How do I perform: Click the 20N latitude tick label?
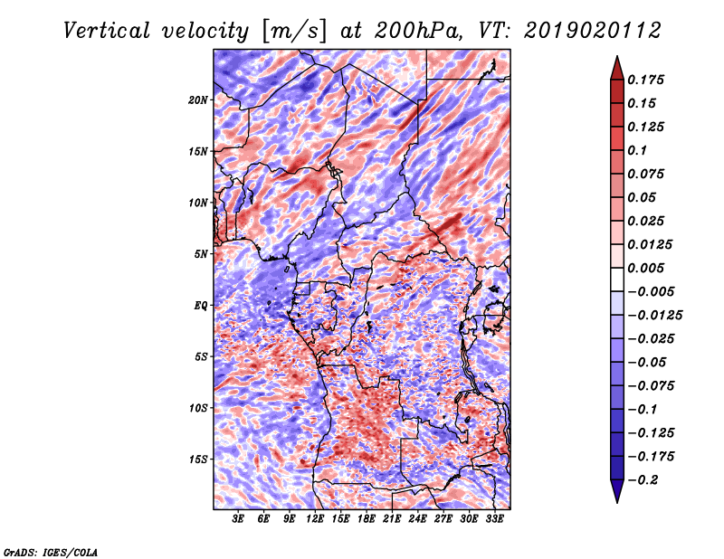pyautogui.click(x=198, y=99)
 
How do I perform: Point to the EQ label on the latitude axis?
pyautogui.click(x=200, y=305)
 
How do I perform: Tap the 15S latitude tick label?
pyautogui.click(x=198, y=460)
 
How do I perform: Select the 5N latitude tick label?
pyautogui.click(x=201, y=254)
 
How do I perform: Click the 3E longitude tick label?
pyautogui.click(x=238, y=519)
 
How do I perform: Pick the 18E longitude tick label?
pyautogui.click(x=367, y=519)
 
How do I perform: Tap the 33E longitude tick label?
pyautogui.click(x=494, y=519)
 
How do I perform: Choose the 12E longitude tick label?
pyautogui.click(x=315, y=519)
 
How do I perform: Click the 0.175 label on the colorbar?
pyautogui.click(x=645, y=80)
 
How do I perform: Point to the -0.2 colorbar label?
pyautogui.click(x=643, y=480)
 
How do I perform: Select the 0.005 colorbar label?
pyautogui.click(x=645, y=268)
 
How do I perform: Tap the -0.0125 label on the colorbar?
pyautogui.click(x=654, y=316)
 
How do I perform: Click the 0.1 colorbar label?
pyautogui.click(x=637, y=150)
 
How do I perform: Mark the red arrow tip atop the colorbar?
pyautogui.click(x=617, y=56)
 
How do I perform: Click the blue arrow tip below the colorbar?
pyautogui.click(x=617, y=502)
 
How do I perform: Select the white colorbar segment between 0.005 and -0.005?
pyautogui.click(x=617, y=279)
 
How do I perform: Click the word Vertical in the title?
pyautogui.click(x=107, y=31)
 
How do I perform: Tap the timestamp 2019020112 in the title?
pyautogui.click(x=593, y=31)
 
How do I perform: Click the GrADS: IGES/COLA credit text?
pyautogui.click(x=51, y=552)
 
